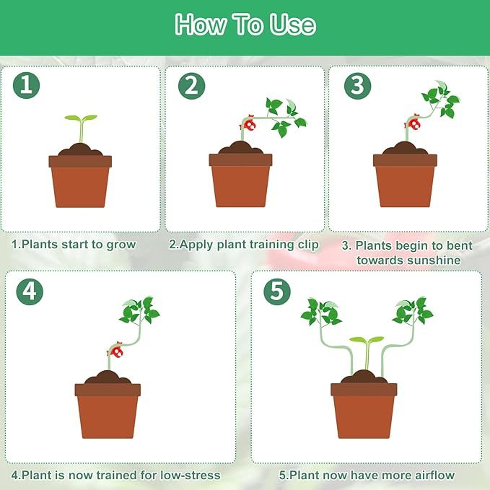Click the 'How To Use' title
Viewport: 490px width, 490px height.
[x=245, y=25]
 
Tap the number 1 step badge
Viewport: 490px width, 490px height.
[x=27, y=86]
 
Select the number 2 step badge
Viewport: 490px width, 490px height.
[x=191, y=86]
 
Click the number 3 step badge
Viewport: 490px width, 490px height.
[x=356, y=86]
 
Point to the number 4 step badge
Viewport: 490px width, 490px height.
[x=30, y=292]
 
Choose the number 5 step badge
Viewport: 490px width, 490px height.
[x=276, y=292]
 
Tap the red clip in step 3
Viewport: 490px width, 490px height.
[x=414, y=124]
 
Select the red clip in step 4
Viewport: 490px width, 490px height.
[x=115, y=351]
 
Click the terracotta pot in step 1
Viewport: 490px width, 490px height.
[x=80, y=180]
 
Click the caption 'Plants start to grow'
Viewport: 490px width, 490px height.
[x=74, y=244]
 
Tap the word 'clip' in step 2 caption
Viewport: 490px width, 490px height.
[x=307, y=244]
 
